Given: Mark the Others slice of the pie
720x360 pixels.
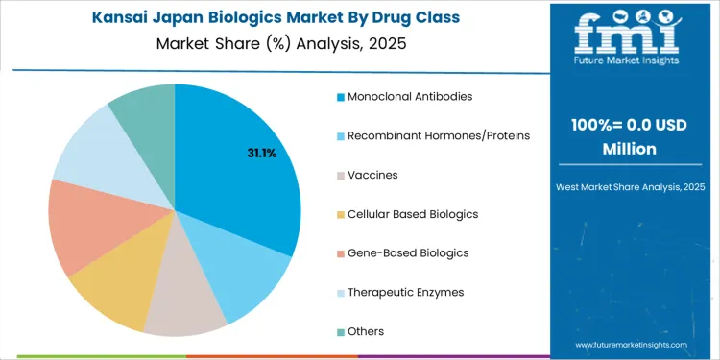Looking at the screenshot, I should (x=144, y=110).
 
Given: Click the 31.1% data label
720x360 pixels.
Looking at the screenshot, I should (x=261, y=153).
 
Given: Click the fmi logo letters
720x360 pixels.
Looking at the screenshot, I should (x=629, y=34).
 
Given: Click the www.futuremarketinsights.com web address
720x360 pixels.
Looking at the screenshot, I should (x=631, y=344).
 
